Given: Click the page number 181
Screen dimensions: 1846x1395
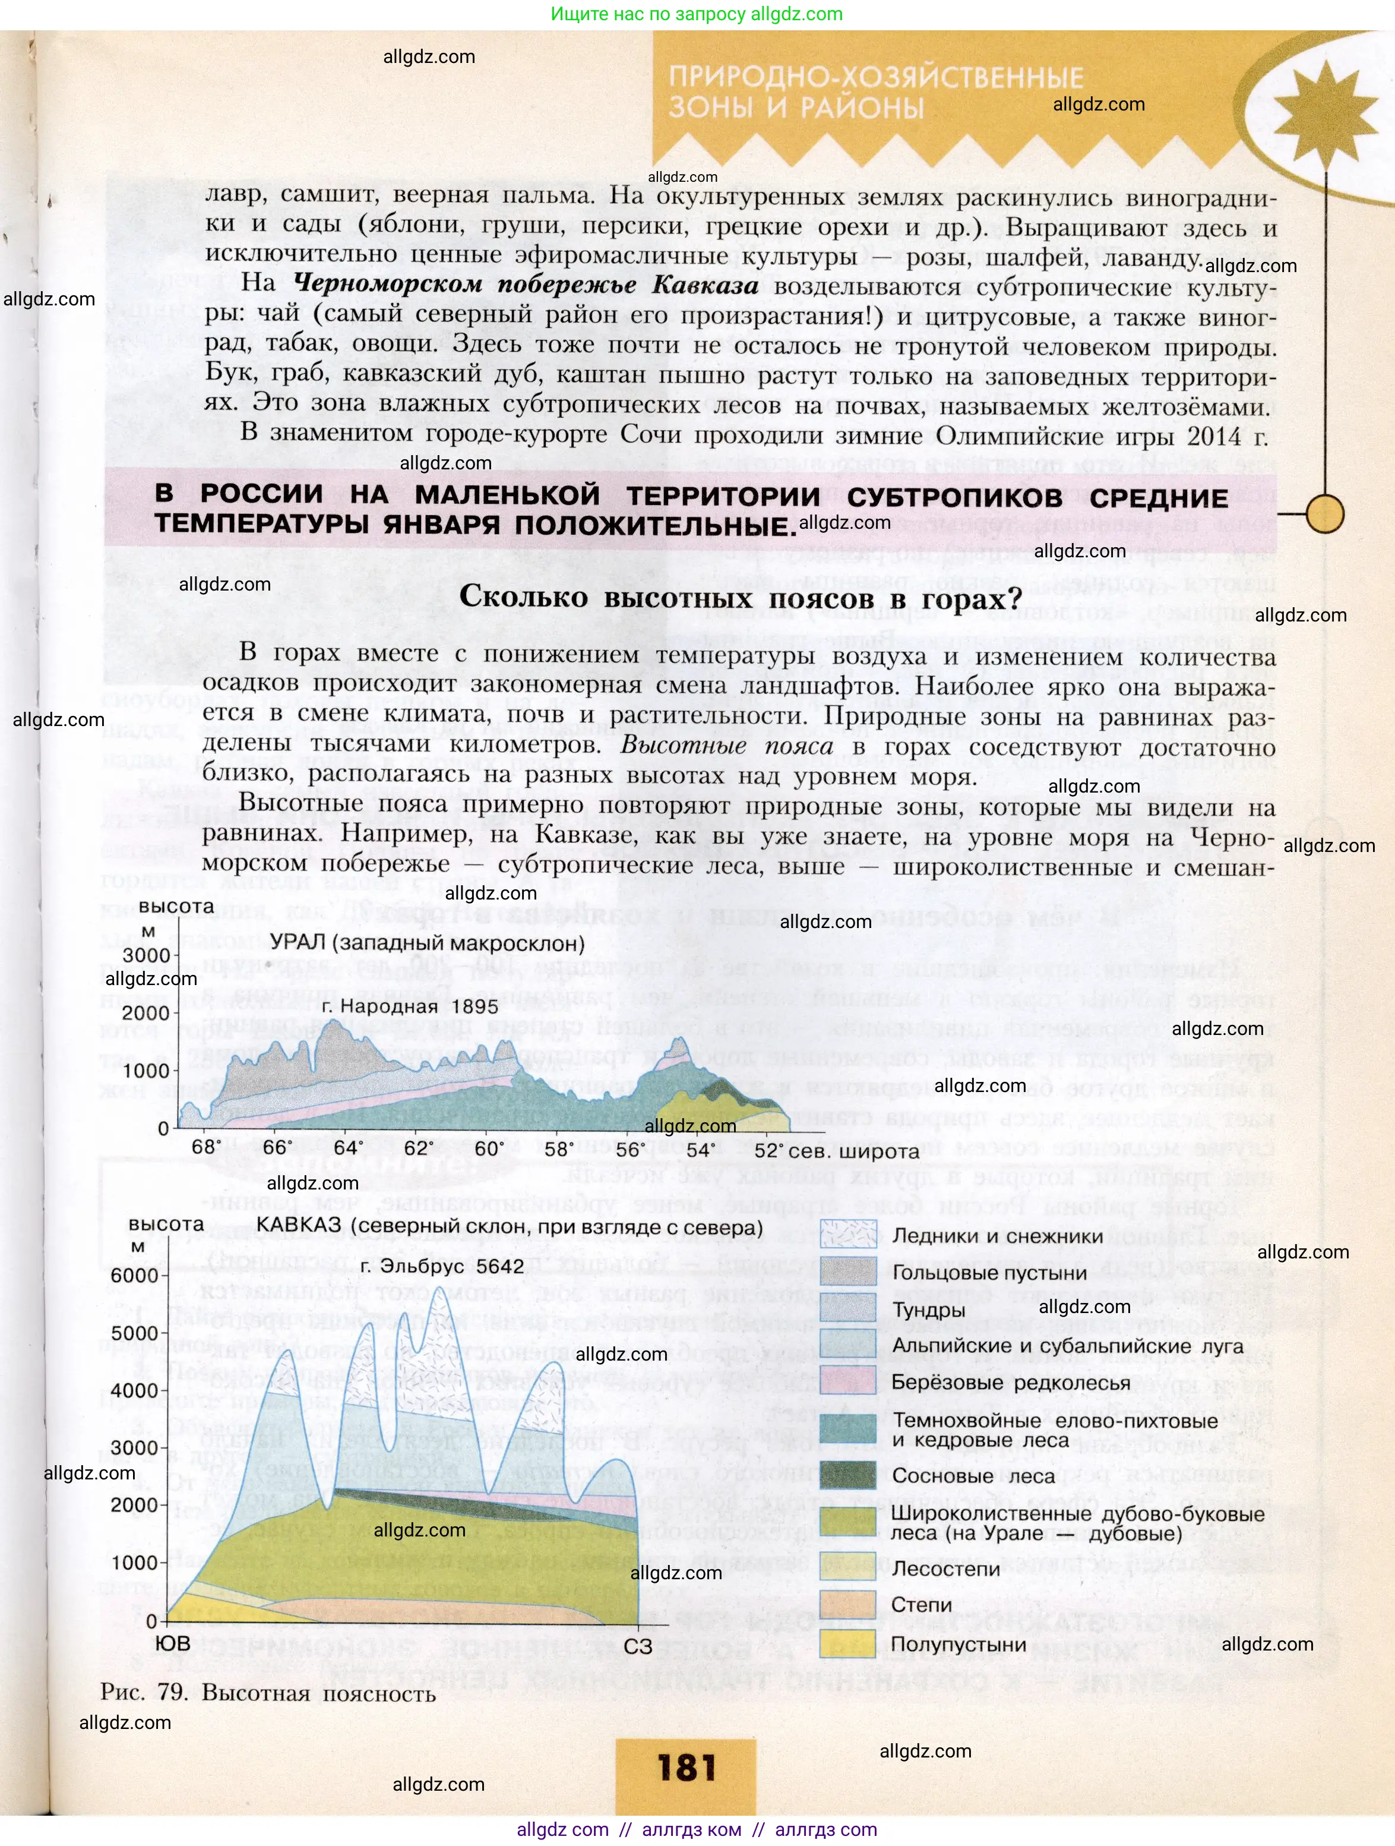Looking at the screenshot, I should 686,1768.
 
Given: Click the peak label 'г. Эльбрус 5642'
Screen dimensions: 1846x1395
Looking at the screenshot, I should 442,1267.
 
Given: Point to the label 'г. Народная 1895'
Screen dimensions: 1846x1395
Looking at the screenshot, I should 410,1006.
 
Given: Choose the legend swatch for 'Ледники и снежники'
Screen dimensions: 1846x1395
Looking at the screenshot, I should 847,1235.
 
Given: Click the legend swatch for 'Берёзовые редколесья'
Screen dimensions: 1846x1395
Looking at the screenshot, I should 847,1382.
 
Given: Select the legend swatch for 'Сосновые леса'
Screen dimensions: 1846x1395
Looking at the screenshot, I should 847,1475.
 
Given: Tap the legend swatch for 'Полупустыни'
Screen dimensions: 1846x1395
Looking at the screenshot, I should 847,1644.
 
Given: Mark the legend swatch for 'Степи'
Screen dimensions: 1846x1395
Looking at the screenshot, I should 847,1604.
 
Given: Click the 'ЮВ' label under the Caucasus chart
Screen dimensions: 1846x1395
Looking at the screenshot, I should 173,1643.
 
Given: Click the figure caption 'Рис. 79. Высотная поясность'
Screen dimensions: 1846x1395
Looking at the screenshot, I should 268,1693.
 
